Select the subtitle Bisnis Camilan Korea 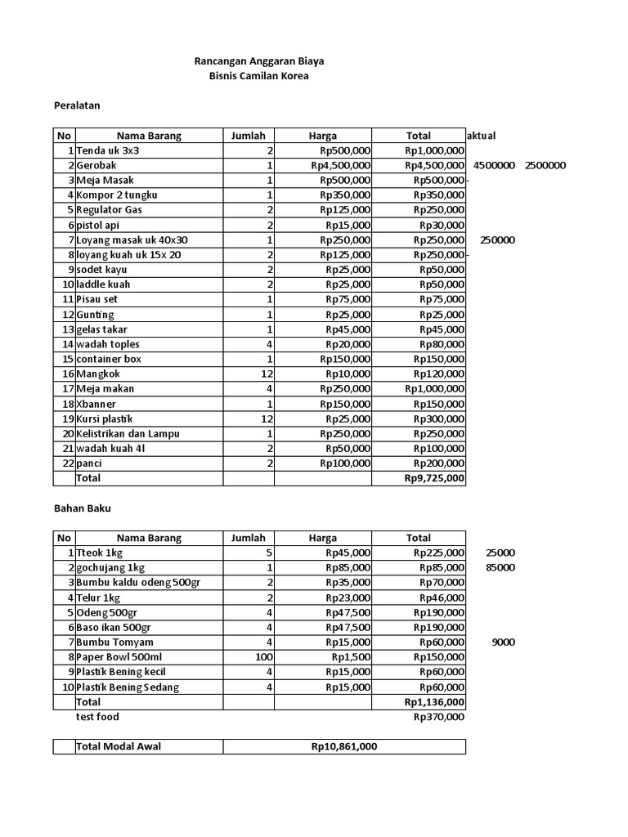click(259, 77)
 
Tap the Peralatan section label click(77, 106)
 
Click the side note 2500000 click(545, 166)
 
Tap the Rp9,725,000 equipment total click(434, 478)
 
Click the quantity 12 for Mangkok click(266, 374)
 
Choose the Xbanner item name click(96, 404)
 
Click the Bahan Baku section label click(82, 508)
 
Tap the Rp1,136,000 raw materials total click(434, 702)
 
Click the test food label click(97, 717)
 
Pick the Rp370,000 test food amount click(439, 717)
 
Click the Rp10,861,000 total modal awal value click(343, 747)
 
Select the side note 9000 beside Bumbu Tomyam click(503, 642)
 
